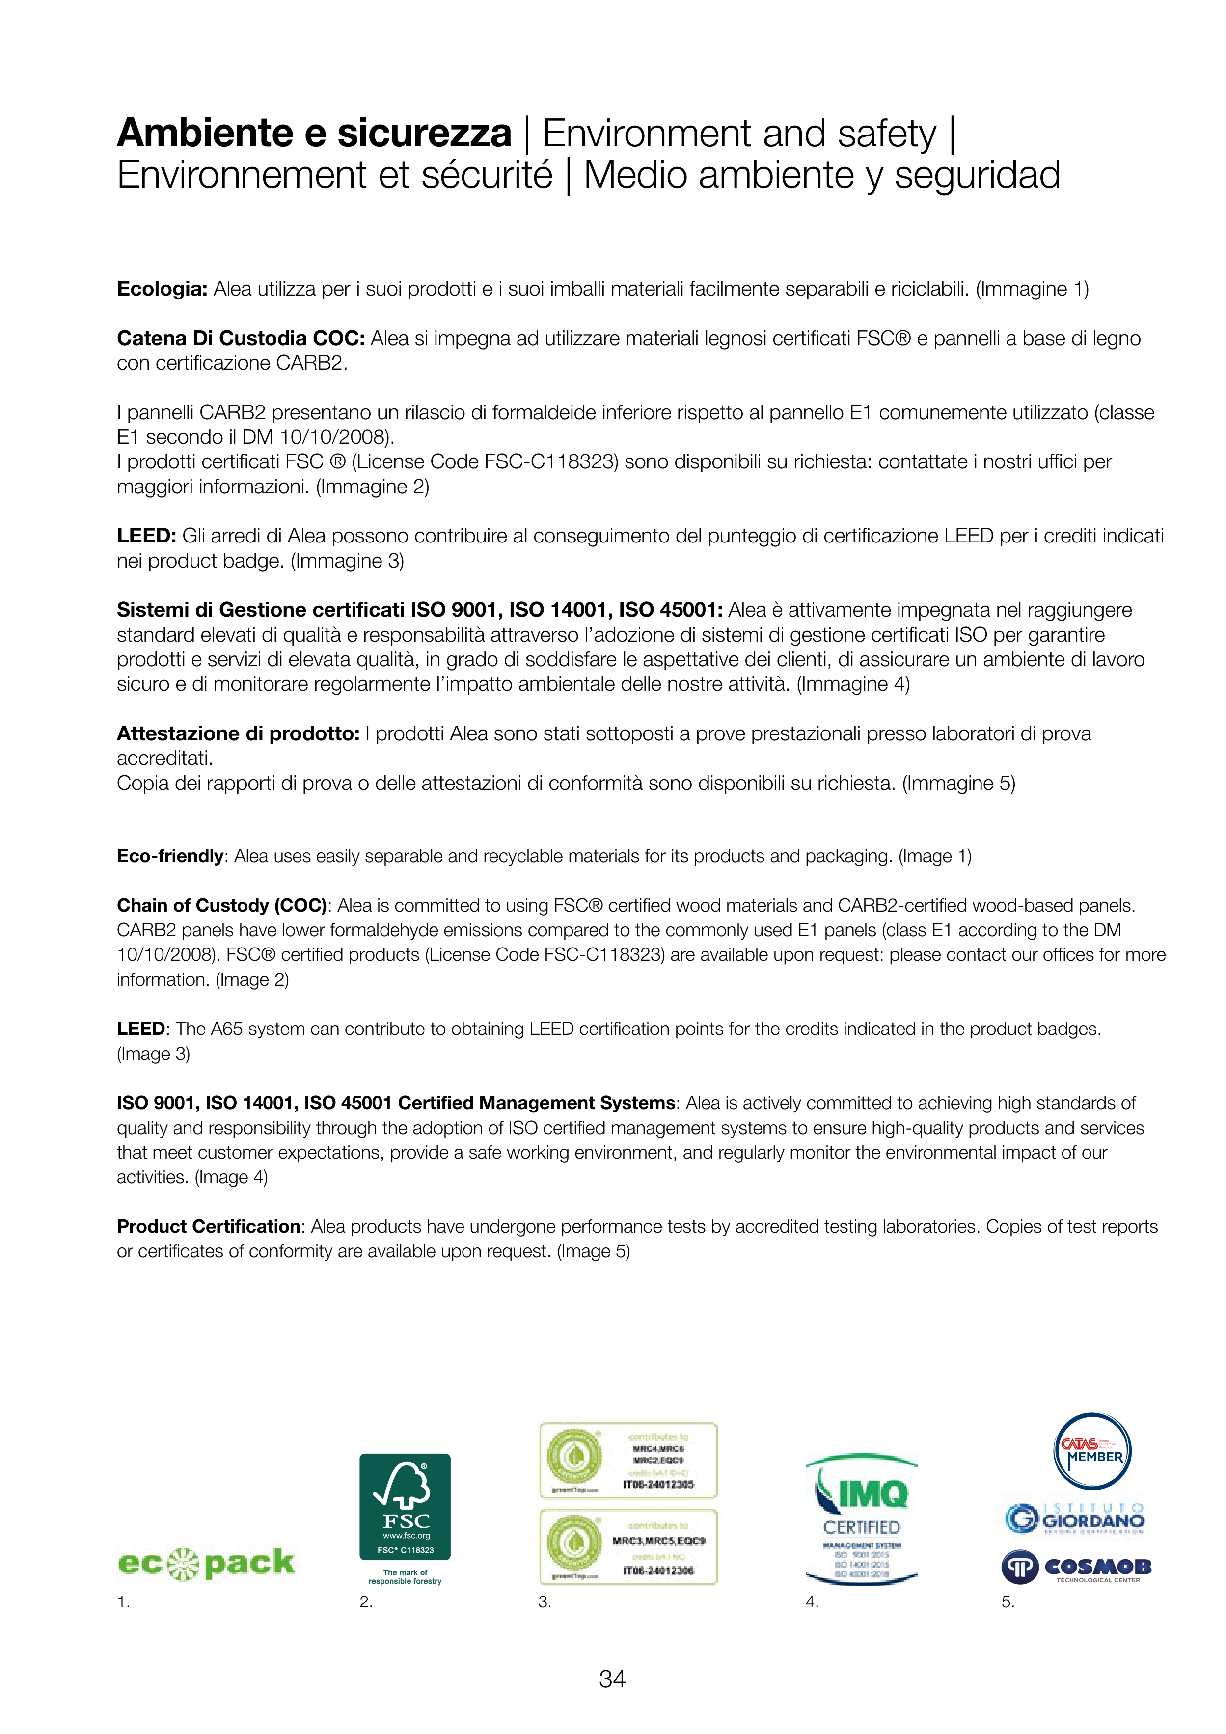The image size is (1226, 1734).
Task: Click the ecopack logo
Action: (x=206, y=1563)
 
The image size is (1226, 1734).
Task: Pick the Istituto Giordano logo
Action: (x=1075, y=1517)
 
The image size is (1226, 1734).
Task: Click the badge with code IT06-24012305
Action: (x=628, y=1461)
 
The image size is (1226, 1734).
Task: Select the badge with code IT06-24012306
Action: (x=628, y=1546)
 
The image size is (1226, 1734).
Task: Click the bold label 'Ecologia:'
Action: (x=162, y=289)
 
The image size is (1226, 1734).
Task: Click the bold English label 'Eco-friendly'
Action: (x=170, y=856)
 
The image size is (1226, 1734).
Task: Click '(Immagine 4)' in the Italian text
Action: (x=854, y=684)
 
